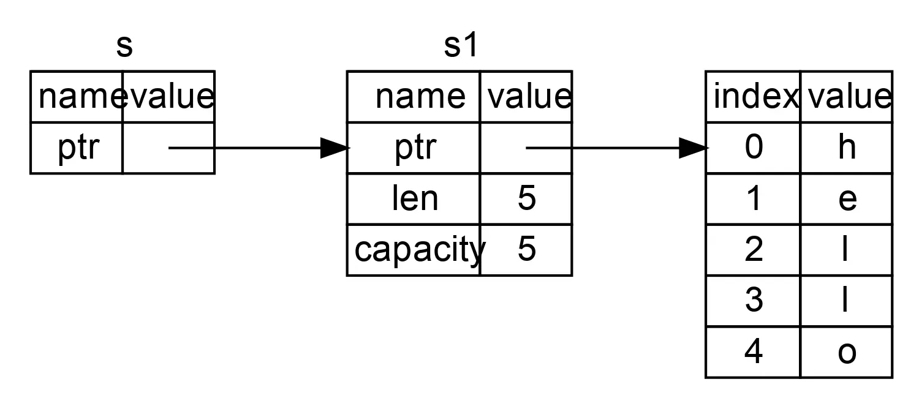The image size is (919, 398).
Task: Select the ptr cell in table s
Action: click(x=77, y=148)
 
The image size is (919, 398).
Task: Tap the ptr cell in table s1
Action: click(x=414, y=148)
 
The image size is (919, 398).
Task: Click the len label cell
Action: click(x=414, y=199)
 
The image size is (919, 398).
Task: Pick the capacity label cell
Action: click(x=414, y=250)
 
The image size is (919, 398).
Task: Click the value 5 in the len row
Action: click(x=526, y=199)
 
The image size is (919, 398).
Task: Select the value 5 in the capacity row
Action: click(x=526, y=250)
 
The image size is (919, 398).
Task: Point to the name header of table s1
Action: click(x=420, y=97)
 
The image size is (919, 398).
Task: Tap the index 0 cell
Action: click(x=754, y=148)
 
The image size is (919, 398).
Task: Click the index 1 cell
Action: click(x=754, y=199)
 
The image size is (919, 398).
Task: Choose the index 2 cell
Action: click(x=754, y=250)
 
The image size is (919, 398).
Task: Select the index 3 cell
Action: click(x=754, y=301)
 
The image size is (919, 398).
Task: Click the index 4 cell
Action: click(x=754, y=352)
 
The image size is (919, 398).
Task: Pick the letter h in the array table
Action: click(x=847, y=148)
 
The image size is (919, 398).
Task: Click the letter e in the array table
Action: click(x=847, y=199)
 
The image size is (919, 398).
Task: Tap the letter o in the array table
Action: click(x=847, y=352)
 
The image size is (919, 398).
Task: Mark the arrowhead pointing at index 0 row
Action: click(x=694, y=148)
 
